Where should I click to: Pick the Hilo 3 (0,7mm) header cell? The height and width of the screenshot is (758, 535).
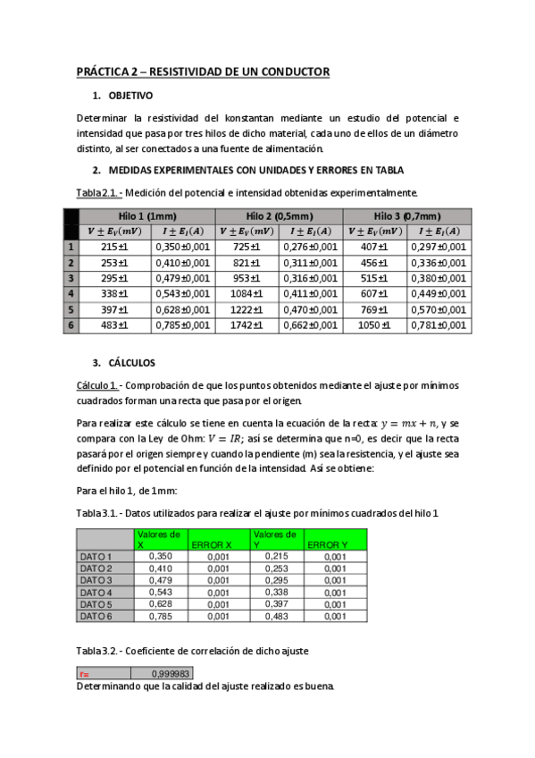pyautogui.click(x=408, y=215)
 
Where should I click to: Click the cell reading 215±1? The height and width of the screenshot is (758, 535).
pyautogui.click(x=115, y=247)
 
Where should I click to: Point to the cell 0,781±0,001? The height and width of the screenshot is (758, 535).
pyautogui.click(x=439, y=325)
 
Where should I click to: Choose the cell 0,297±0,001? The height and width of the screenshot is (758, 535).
pyautogui.click(x=439, y=247)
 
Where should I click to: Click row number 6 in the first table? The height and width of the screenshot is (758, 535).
pyautogui.click(x=71, y=325)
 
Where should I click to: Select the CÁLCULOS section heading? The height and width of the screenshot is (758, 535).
pyautogui.click(x=132, y=364)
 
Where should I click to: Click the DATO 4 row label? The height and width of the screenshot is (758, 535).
pyautogui.click(x=96, y=593)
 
